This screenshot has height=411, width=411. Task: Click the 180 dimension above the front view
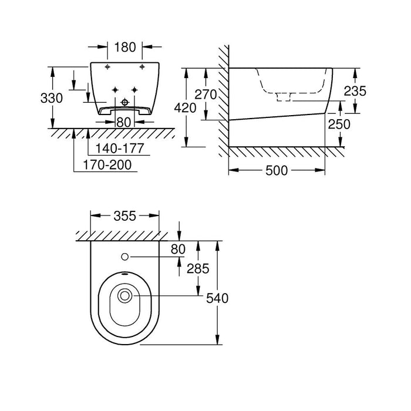[x=126, y=46]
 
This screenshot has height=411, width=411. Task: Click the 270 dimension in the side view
[x=206, y=95]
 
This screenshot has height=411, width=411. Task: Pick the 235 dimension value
[x=355, y=91]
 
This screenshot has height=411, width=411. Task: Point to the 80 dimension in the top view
[x=178, y=249]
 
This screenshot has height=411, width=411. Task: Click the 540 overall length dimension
[x=217, y=298]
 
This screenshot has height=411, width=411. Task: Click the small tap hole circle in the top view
[x=126, y=257]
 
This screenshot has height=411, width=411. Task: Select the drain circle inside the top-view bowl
[x=125, y=297]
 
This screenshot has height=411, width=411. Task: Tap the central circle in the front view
[x=124, y=103]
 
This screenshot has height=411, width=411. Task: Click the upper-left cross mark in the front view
[x=107, y=68]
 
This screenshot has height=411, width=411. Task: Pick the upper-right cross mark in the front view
[x=143, y=68]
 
